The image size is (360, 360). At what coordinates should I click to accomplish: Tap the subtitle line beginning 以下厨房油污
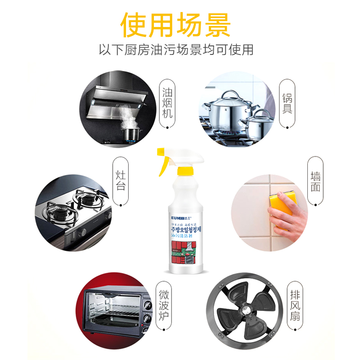click(176, 49)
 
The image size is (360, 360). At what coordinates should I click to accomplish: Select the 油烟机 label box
click(167, 103)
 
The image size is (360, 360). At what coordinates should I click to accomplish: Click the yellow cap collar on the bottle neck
click(185, 171)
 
